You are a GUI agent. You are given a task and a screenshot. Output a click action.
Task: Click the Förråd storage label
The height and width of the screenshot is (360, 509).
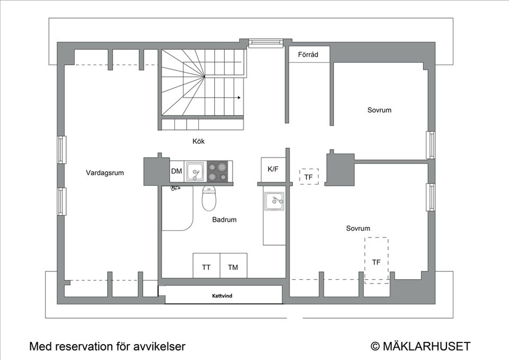[x=308, y=54]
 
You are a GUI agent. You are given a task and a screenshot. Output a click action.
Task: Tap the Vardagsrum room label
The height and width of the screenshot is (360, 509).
[x=105, y=173]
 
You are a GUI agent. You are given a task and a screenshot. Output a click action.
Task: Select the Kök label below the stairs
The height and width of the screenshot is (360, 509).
[x=198, y=142]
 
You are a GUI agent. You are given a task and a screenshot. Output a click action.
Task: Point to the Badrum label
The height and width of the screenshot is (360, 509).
[x=224, y=219]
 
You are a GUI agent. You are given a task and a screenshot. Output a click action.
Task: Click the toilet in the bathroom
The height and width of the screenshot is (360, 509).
[x=209, y=198]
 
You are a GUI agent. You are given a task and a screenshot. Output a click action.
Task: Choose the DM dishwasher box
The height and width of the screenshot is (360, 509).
[x=177, y=171]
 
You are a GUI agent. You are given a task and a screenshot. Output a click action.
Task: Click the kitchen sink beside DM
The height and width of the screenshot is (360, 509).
[x=195, y=172]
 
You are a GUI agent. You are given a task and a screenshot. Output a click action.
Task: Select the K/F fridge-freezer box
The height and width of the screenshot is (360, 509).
[x=273, y=170]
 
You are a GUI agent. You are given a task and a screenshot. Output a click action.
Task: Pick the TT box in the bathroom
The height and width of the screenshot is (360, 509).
[x=206, y=268]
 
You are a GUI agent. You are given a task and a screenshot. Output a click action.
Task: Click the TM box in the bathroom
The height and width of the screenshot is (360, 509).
[x=233, y=268]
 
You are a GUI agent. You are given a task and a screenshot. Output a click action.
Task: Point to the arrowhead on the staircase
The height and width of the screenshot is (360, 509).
[x=239, y=98]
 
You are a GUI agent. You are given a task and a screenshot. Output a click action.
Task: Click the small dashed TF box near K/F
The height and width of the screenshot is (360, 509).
[x=308, y=177]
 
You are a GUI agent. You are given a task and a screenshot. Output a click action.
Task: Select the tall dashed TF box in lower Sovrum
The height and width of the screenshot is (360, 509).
[x=376, y=260]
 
